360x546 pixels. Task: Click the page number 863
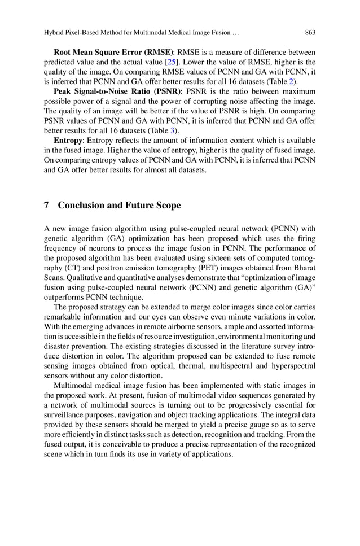[310, 32]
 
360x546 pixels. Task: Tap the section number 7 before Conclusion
[46, 206]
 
